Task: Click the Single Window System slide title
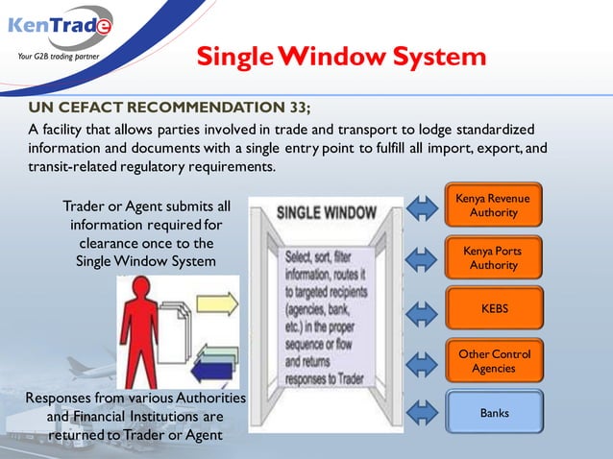click(x=340, y=57)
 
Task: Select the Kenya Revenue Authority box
click(x=493, y=205)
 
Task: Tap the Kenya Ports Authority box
click(x=493, y=257)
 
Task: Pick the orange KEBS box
click(x=493, y=309)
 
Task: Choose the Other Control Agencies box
click(x=493, y=361)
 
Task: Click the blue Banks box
click(x=493, y=413)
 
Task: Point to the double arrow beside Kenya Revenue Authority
click(x=423, y=205)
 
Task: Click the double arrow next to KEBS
click(x=423, y=310)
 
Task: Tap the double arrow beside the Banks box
click(x=423, y=414)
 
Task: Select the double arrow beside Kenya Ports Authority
click(x=423, y=257)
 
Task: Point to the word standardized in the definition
click(x=492, y=130)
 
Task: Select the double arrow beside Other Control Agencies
click(x=423, y=362)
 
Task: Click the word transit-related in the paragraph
click(x=70, y=166)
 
